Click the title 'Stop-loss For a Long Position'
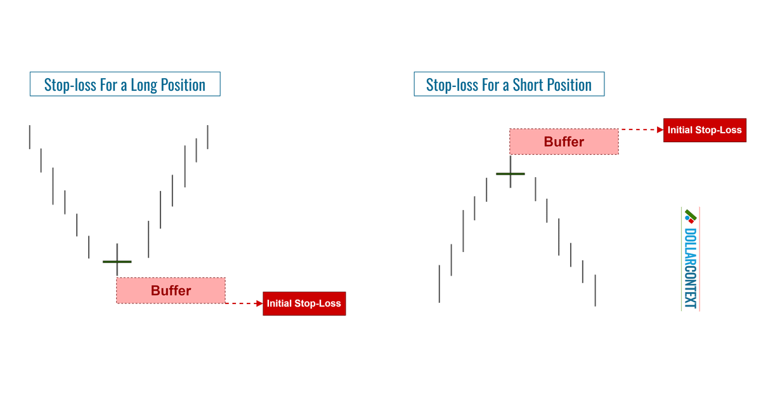[124, 84]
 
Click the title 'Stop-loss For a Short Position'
[509, 84]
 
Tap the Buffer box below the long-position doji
[171, 290]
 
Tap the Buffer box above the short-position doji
[564, 142]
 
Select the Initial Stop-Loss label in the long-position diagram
[304, 303]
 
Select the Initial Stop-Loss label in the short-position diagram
[704, 130]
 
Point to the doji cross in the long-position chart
[117, 261]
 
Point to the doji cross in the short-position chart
[510, 173]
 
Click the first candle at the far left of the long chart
[29, 137]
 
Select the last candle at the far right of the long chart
[208, 137]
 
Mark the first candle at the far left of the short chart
[439, 284]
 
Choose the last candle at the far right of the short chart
[595, 290]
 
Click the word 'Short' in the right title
[530, 84]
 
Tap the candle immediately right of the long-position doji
[148, 239]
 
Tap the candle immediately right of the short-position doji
[536, 188]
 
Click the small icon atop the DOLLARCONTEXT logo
[689, 215]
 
